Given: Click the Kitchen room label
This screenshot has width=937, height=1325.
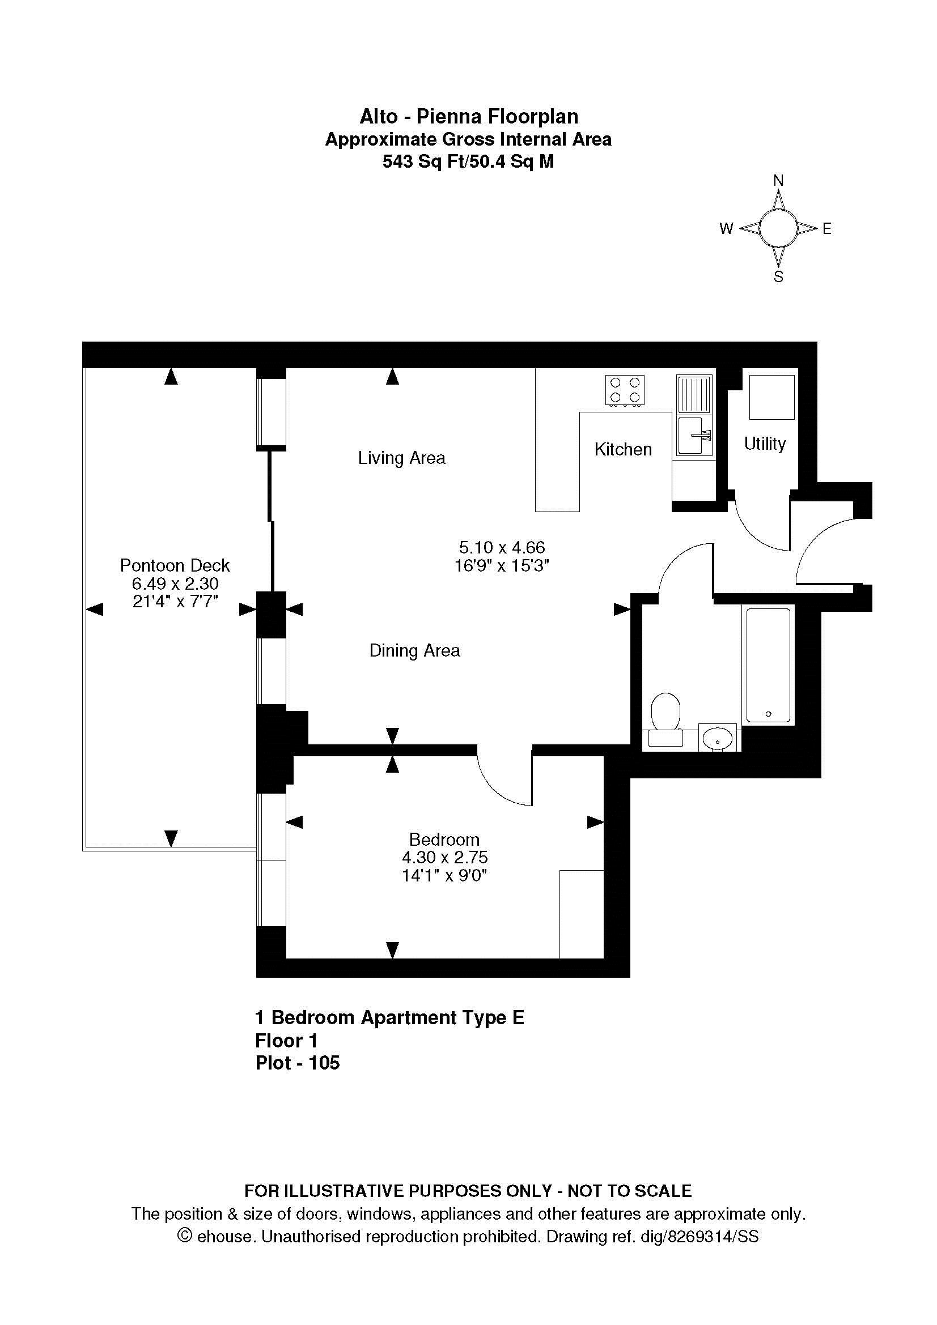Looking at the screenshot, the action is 623,449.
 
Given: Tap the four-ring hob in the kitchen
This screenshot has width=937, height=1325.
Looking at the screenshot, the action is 626,390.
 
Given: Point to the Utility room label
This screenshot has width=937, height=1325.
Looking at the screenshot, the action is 765,443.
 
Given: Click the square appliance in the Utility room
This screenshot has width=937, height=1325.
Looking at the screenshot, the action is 772,397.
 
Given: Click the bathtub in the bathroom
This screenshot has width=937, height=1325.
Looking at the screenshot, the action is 769,665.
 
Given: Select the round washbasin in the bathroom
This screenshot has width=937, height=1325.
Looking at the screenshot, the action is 718,738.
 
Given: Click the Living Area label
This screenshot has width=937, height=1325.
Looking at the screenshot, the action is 402,458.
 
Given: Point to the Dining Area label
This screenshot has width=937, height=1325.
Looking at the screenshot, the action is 414,650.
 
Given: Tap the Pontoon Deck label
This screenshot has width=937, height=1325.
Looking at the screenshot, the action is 175,565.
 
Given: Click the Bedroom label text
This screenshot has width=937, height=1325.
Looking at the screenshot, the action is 444,839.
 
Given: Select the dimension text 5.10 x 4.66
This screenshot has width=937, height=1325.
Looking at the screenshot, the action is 502,547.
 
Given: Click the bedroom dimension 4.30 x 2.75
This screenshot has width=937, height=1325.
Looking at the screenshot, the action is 444,857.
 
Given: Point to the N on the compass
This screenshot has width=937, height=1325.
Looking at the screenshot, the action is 778,181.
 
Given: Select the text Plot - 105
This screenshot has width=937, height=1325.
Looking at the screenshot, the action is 298,1062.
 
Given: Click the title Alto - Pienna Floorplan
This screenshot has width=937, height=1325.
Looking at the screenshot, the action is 469,117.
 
